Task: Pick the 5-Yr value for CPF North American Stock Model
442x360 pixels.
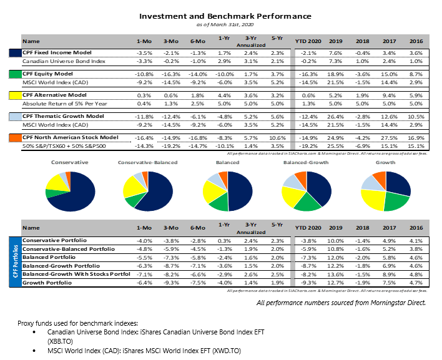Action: (278, 137)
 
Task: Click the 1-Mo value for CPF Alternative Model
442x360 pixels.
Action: (144, 95)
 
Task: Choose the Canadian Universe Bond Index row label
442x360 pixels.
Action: (62, 62)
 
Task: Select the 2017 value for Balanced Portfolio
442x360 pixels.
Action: (390, 257)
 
